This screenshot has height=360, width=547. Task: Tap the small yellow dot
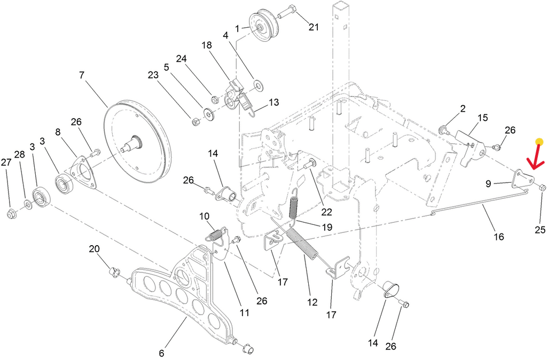(540, 142)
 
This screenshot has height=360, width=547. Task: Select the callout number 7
(82, 75)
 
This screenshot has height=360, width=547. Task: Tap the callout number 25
(540, 230)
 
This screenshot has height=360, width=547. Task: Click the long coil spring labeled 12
(302, 245)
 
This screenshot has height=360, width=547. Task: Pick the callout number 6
(161, 353)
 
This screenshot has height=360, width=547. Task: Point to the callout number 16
(499, 237)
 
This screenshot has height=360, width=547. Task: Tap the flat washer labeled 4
(259, 85)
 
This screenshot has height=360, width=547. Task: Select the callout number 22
(326, 212)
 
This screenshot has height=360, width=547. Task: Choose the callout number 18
(207, 45)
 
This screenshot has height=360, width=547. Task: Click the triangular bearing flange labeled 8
(83, 171)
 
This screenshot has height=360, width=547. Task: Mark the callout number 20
(94, 249)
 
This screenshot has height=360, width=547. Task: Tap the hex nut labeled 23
(196, 122)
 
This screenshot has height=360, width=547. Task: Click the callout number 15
(482, 118)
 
